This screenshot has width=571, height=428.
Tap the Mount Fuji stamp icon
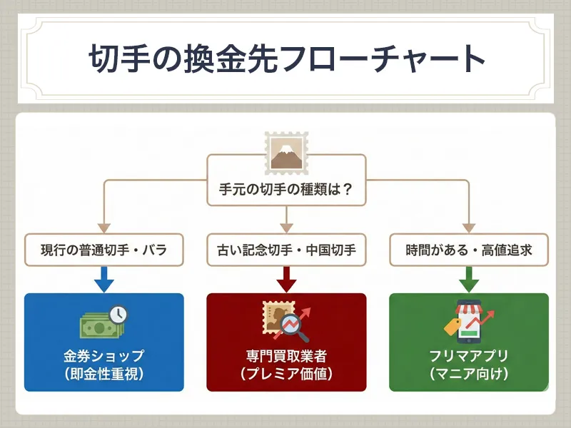tap(285, 152)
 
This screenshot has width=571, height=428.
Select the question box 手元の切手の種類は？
tap(285, 190)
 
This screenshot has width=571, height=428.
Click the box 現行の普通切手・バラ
tap(103, 250)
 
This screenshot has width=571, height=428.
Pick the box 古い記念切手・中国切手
tap(285, 250)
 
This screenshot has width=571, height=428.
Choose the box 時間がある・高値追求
tap(468, 250)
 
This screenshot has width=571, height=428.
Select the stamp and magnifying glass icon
tap(285, 321)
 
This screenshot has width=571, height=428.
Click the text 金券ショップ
tap(103, 355)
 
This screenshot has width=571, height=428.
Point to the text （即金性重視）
tap(103, 373)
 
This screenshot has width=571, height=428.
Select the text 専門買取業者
tap(285, 355)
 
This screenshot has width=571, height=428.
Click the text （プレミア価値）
tap(285, 373)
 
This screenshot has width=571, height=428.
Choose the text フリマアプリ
tap(468, 355)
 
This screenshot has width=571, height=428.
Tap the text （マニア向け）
tap(468, 373)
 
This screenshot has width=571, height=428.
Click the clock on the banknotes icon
tap(118, 313)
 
